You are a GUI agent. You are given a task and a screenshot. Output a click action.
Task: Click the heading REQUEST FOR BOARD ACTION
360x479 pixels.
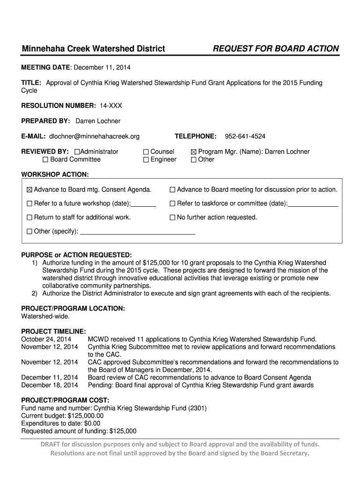276,49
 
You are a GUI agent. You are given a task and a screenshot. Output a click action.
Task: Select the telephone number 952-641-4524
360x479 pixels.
245,136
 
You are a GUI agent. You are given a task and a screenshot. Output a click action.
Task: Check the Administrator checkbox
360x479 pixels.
77,152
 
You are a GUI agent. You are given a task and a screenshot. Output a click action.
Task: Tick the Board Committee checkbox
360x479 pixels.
45,160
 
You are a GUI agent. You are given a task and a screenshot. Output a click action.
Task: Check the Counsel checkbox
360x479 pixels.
146,152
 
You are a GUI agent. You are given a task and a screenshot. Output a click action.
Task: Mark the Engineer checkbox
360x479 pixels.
146,160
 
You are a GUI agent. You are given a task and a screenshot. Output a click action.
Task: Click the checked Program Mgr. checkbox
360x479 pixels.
194,152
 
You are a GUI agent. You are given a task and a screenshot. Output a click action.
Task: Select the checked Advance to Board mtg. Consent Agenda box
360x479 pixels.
30,190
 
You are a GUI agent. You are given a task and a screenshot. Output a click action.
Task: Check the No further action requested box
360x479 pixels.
173,218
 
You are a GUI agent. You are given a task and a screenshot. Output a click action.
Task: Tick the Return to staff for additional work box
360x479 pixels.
30,218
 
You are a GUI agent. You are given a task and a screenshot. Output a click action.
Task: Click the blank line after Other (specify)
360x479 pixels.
138,231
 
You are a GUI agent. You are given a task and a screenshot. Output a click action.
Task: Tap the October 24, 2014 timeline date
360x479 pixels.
46,339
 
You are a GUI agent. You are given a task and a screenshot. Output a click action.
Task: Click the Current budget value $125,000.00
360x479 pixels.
86,415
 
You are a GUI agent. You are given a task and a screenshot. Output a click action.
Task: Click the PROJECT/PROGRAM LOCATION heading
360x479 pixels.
73,309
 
